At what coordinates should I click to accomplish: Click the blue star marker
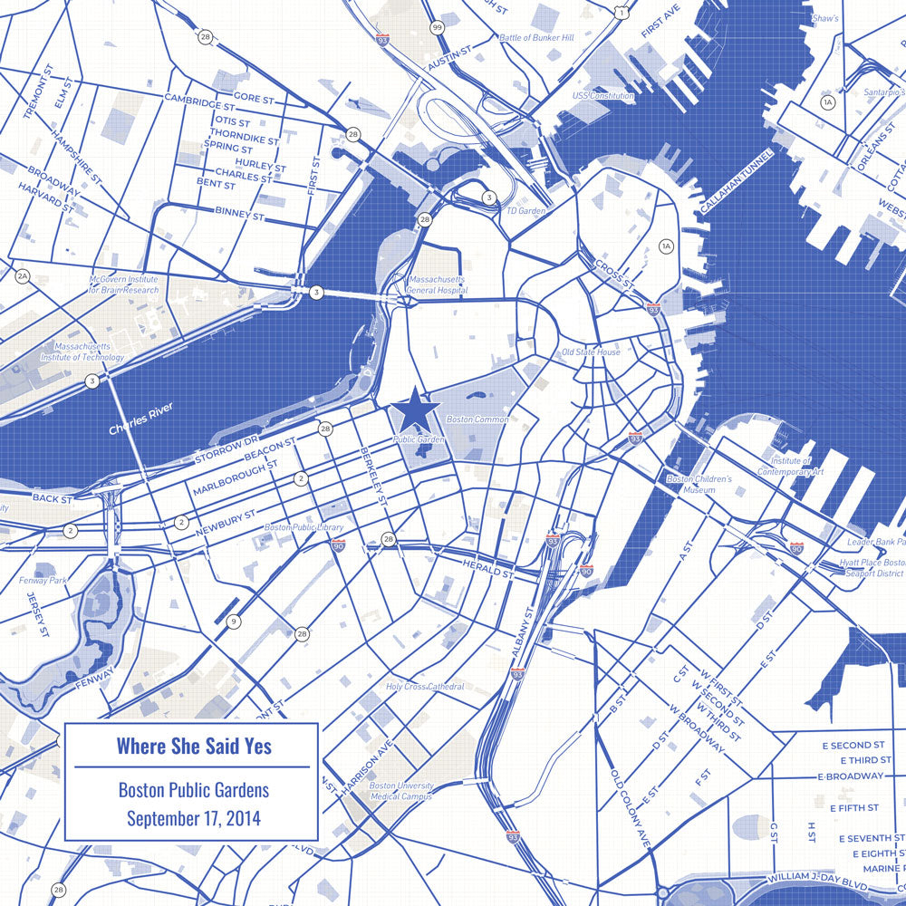click(415, 410)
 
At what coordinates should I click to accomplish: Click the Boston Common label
click(477, 419)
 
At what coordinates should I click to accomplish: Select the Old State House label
click(591, 352)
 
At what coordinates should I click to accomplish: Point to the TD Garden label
click(526, 210)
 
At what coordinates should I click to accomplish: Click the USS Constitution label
click(602, 95)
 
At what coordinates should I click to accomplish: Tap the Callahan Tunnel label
click(737, 182)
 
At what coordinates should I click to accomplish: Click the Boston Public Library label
click(304, 526)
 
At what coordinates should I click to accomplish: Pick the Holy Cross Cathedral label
click(425, 687)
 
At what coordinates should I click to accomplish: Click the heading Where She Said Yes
click(194, 746)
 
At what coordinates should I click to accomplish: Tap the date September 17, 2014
click(194, 818)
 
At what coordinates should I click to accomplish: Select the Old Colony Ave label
click(631, 808)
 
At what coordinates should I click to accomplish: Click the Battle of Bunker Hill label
click(536, 38)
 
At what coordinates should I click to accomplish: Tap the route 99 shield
click(438, 28)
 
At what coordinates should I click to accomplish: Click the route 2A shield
click(23, 275)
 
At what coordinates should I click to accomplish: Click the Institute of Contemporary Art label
click(790, 466)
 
